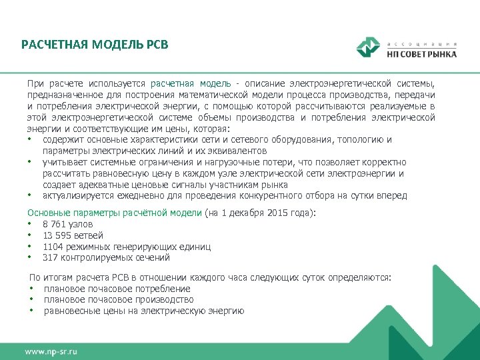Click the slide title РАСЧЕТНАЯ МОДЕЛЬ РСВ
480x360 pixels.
(x=95, y=45)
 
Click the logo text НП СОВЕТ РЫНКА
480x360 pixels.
(x=422, y=54)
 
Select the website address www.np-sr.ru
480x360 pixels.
(x=51, y=350)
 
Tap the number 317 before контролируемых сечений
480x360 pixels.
(x=50, y=257)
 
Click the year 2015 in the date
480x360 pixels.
(x=275, y=213)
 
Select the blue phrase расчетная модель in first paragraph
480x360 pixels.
(x=191, y=83)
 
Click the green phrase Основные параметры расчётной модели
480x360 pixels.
(x=114, y=213)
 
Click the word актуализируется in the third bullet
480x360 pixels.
(x=76, y=196)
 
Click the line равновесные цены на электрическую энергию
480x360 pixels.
(x=144, y=311)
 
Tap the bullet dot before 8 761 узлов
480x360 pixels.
(x=31, y=225)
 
